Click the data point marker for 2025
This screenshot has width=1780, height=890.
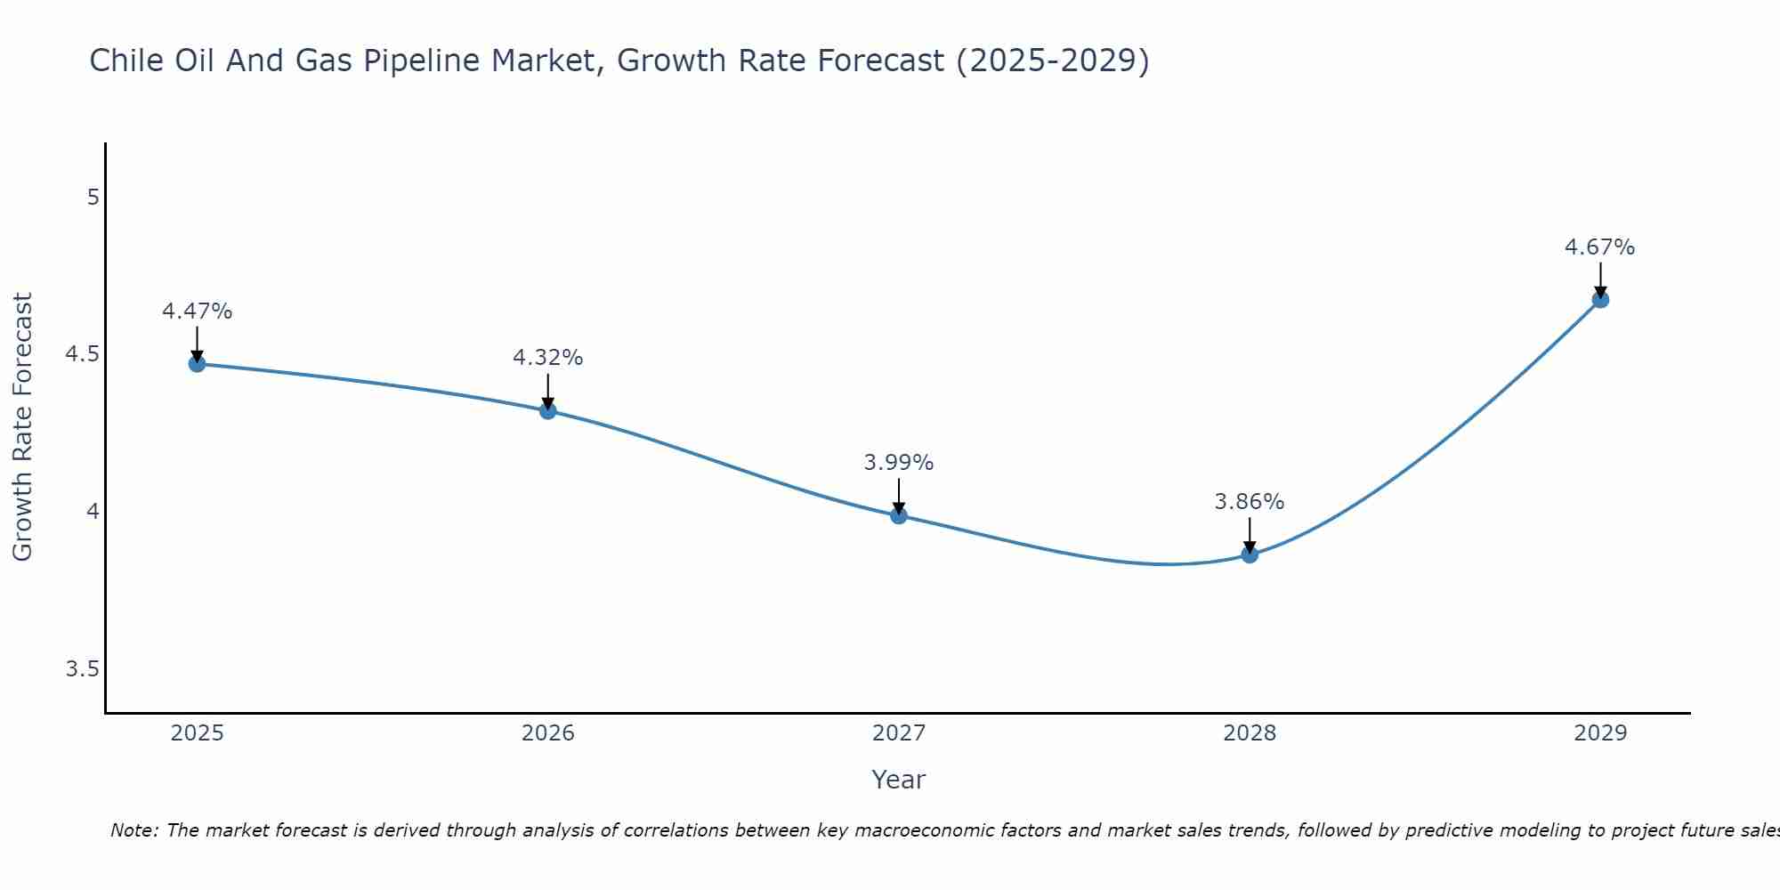(x=197, y=363)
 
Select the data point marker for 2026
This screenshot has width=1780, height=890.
(x=547, y=410)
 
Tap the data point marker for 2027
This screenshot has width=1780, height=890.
(x=898, y=515)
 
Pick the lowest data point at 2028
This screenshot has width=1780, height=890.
(x=1250, y=554)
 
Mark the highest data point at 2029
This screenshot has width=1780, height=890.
(x=1600, y=299)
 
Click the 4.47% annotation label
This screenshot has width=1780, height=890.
(x=197, y=311)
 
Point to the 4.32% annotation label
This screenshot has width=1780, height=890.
(x=547, y=358)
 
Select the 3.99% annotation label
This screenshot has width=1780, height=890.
(x=898, y=463)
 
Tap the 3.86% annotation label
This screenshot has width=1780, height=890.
(x=1250, y=502)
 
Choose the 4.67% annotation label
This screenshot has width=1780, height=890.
(x=1600, y=247)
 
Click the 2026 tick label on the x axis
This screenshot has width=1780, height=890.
(x=547, y=733)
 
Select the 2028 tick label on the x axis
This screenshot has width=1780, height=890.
(x=1250, y=733)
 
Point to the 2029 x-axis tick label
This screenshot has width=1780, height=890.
(x=1600, y=733)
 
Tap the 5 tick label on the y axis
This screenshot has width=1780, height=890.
(x=93, y=197)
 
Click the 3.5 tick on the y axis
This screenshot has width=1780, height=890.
(x=82, y=669)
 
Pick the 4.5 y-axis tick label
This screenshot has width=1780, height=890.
(x=82, y=354)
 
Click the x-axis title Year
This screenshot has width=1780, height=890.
(x=898, y=780)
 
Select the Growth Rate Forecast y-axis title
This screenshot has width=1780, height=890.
(x=22, y=427)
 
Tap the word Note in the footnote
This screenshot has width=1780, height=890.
(x=133, y=830)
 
